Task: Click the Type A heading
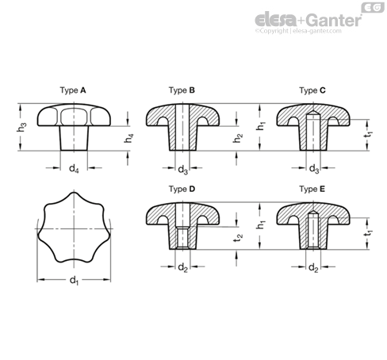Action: (73, 90)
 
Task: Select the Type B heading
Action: (182, 90)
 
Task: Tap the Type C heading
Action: (312, 90)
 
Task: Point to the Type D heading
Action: (182, 189)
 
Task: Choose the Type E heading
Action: (312, 189)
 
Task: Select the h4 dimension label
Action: (129, 138)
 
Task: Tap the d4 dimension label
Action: (74, 168)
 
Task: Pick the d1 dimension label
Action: (74, 281)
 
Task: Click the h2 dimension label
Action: (238, 138)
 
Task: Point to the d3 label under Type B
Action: (183, 169)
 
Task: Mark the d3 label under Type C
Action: (314, 168)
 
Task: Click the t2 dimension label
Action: (238, 237)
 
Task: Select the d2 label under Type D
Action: (182, 267)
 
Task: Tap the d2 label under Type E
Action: (313, 268)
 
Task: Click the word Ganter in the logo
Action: (335, 20)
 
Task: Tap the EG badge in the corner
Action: (373, 7)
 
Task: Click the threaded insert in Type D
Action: (182, 237)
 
